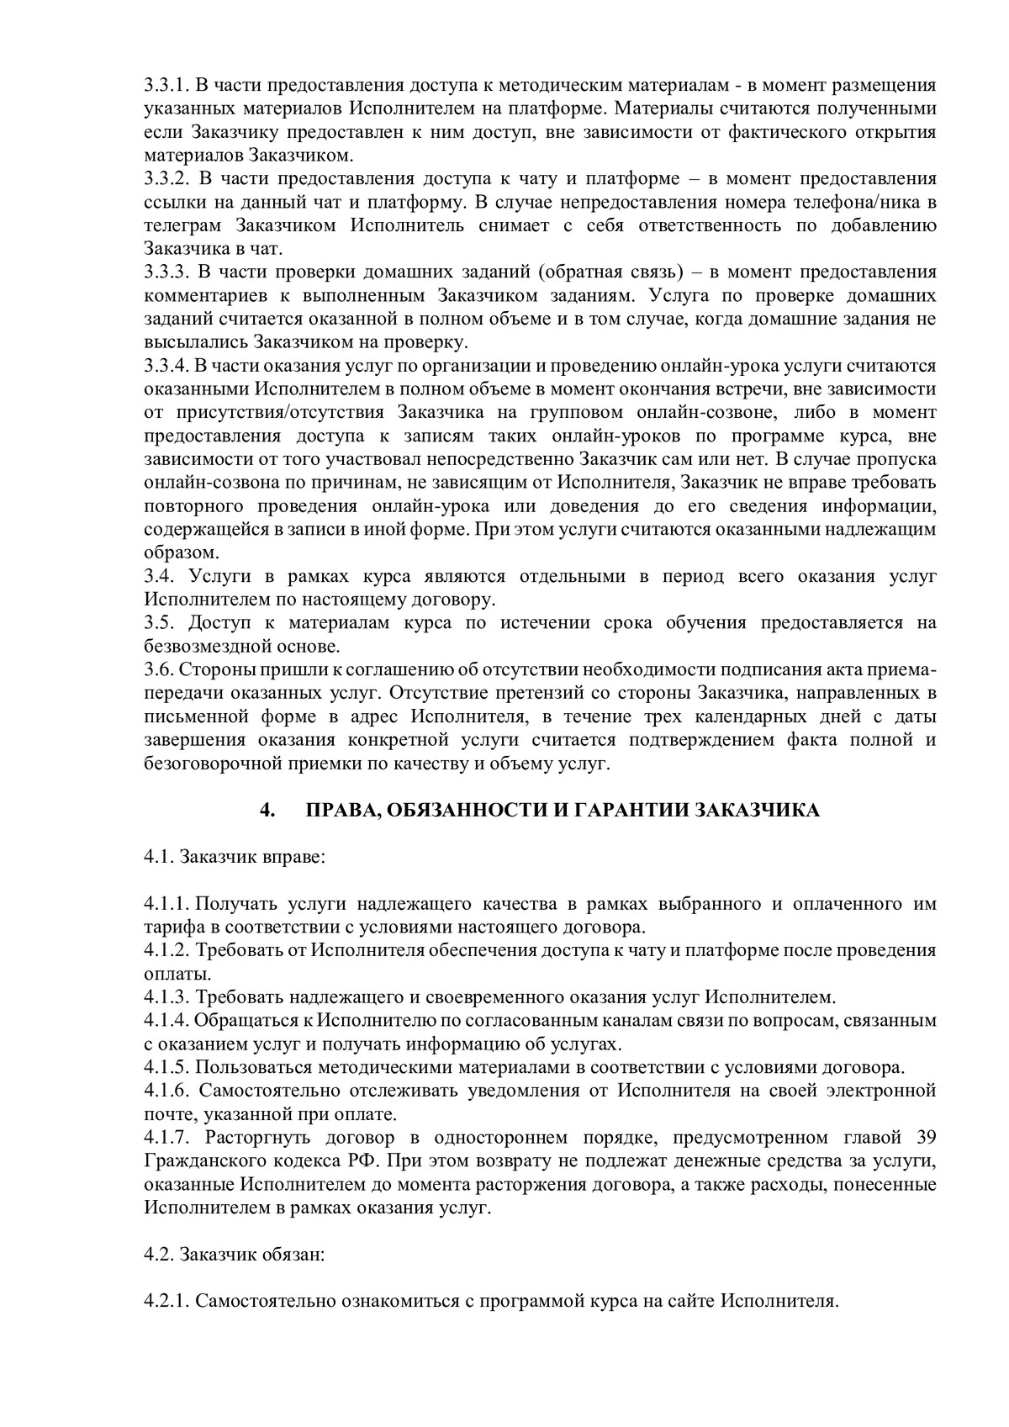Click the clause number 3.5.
[159, 623]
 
